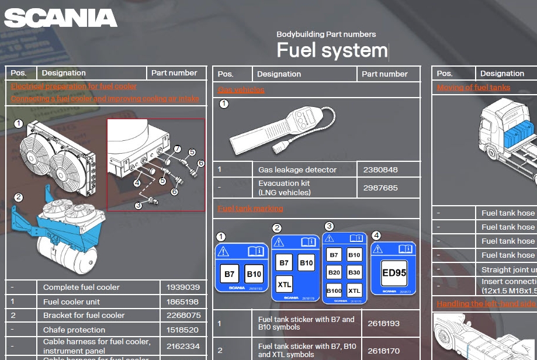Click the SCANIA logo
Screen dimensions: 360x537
point(60,18)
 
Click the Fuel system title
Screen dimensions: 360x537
point(331,50)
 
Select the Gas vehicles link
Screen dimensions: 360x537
point(241,90)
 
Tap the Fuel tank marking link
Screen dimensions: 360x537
point(250,209)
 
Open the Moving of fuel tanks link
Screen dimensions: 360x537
point(473,88)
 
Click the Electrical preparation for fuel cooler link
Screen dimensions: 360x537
point(74,86)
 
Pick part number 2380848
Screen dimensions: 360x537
point(380,170)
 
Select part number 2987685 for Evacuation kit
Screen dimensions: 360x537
point(380,188)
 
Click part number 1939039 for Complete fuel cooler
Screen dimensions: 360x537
point(182,288)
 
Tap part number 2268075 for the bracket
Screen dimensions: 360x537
point(182,316)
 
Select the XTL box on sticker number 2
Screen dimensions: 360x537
point(285,285)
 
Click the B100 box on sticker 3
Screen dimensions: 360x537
point(334,290)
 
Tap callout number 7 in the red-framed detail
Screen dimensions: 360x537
point(178,149)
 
